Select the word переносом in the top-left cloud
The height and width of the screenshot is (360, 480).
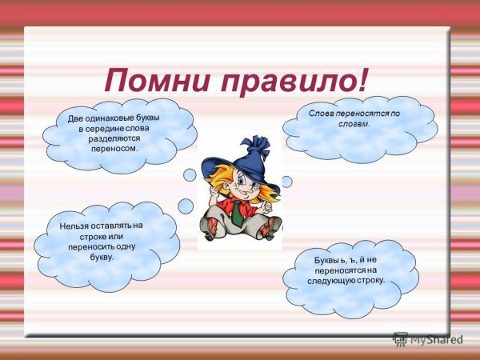[x=114, y=148]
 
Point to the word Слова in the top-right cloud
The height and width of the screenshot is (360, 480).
[x=323, y=114]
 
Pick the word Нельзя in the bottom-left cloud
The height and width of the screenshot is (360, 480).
[x=76, y=227]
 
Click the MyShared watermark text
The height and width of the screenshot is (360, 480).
[x=436, y=339]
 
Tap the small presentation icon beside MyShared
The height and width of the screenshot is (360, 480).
[x=400, y=338]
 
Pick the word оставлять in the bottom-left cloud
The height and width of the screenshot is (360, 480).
[x=112, y=226]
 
